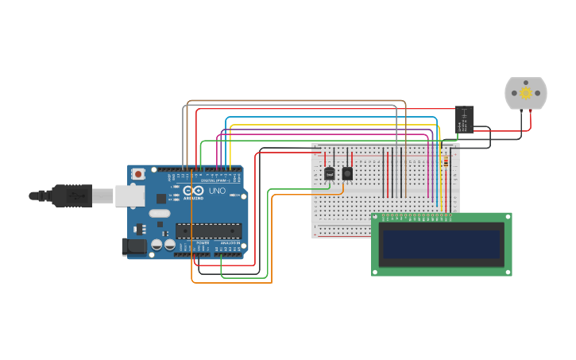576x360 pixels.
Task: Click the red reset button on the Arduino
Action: coord(138,173)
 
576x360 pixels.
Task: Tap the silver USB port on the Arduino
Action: coord(130,195)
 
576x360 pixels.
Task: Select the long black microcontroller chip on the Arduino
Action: coord(208,231)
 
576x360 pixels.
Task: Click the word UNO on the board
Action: coord(217,191)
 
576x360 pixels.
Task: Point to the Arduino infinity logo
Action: coord(194,191)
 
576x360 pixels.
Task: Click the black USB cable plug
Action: coord(72,195)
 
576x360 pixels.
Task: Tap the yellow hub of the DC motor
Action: coord(526,93)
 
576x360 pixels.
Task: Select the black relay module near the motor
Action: coord(464,119)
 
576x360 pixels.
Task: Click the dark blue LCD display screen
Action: coord(442,244)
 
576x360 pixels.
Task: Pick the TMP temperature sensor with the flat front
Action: coord(330,173)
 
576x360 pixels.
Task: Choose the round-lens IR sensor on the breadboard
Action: coord(347,173)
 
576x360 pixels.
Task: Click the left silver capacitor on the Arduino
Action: coord(157,246)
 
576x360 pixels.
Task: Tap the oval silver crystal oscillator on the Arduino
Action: coord(160,213)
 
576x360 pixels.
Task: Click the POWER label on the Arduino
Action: coord(191,242)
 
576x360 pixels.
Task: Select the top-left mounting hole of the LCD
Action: coord(376,217)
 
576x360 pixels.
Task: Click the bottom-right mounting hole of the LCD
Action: coord(508,272)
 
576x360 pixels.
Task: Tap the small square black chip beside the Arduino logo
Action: coord(161,198)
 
